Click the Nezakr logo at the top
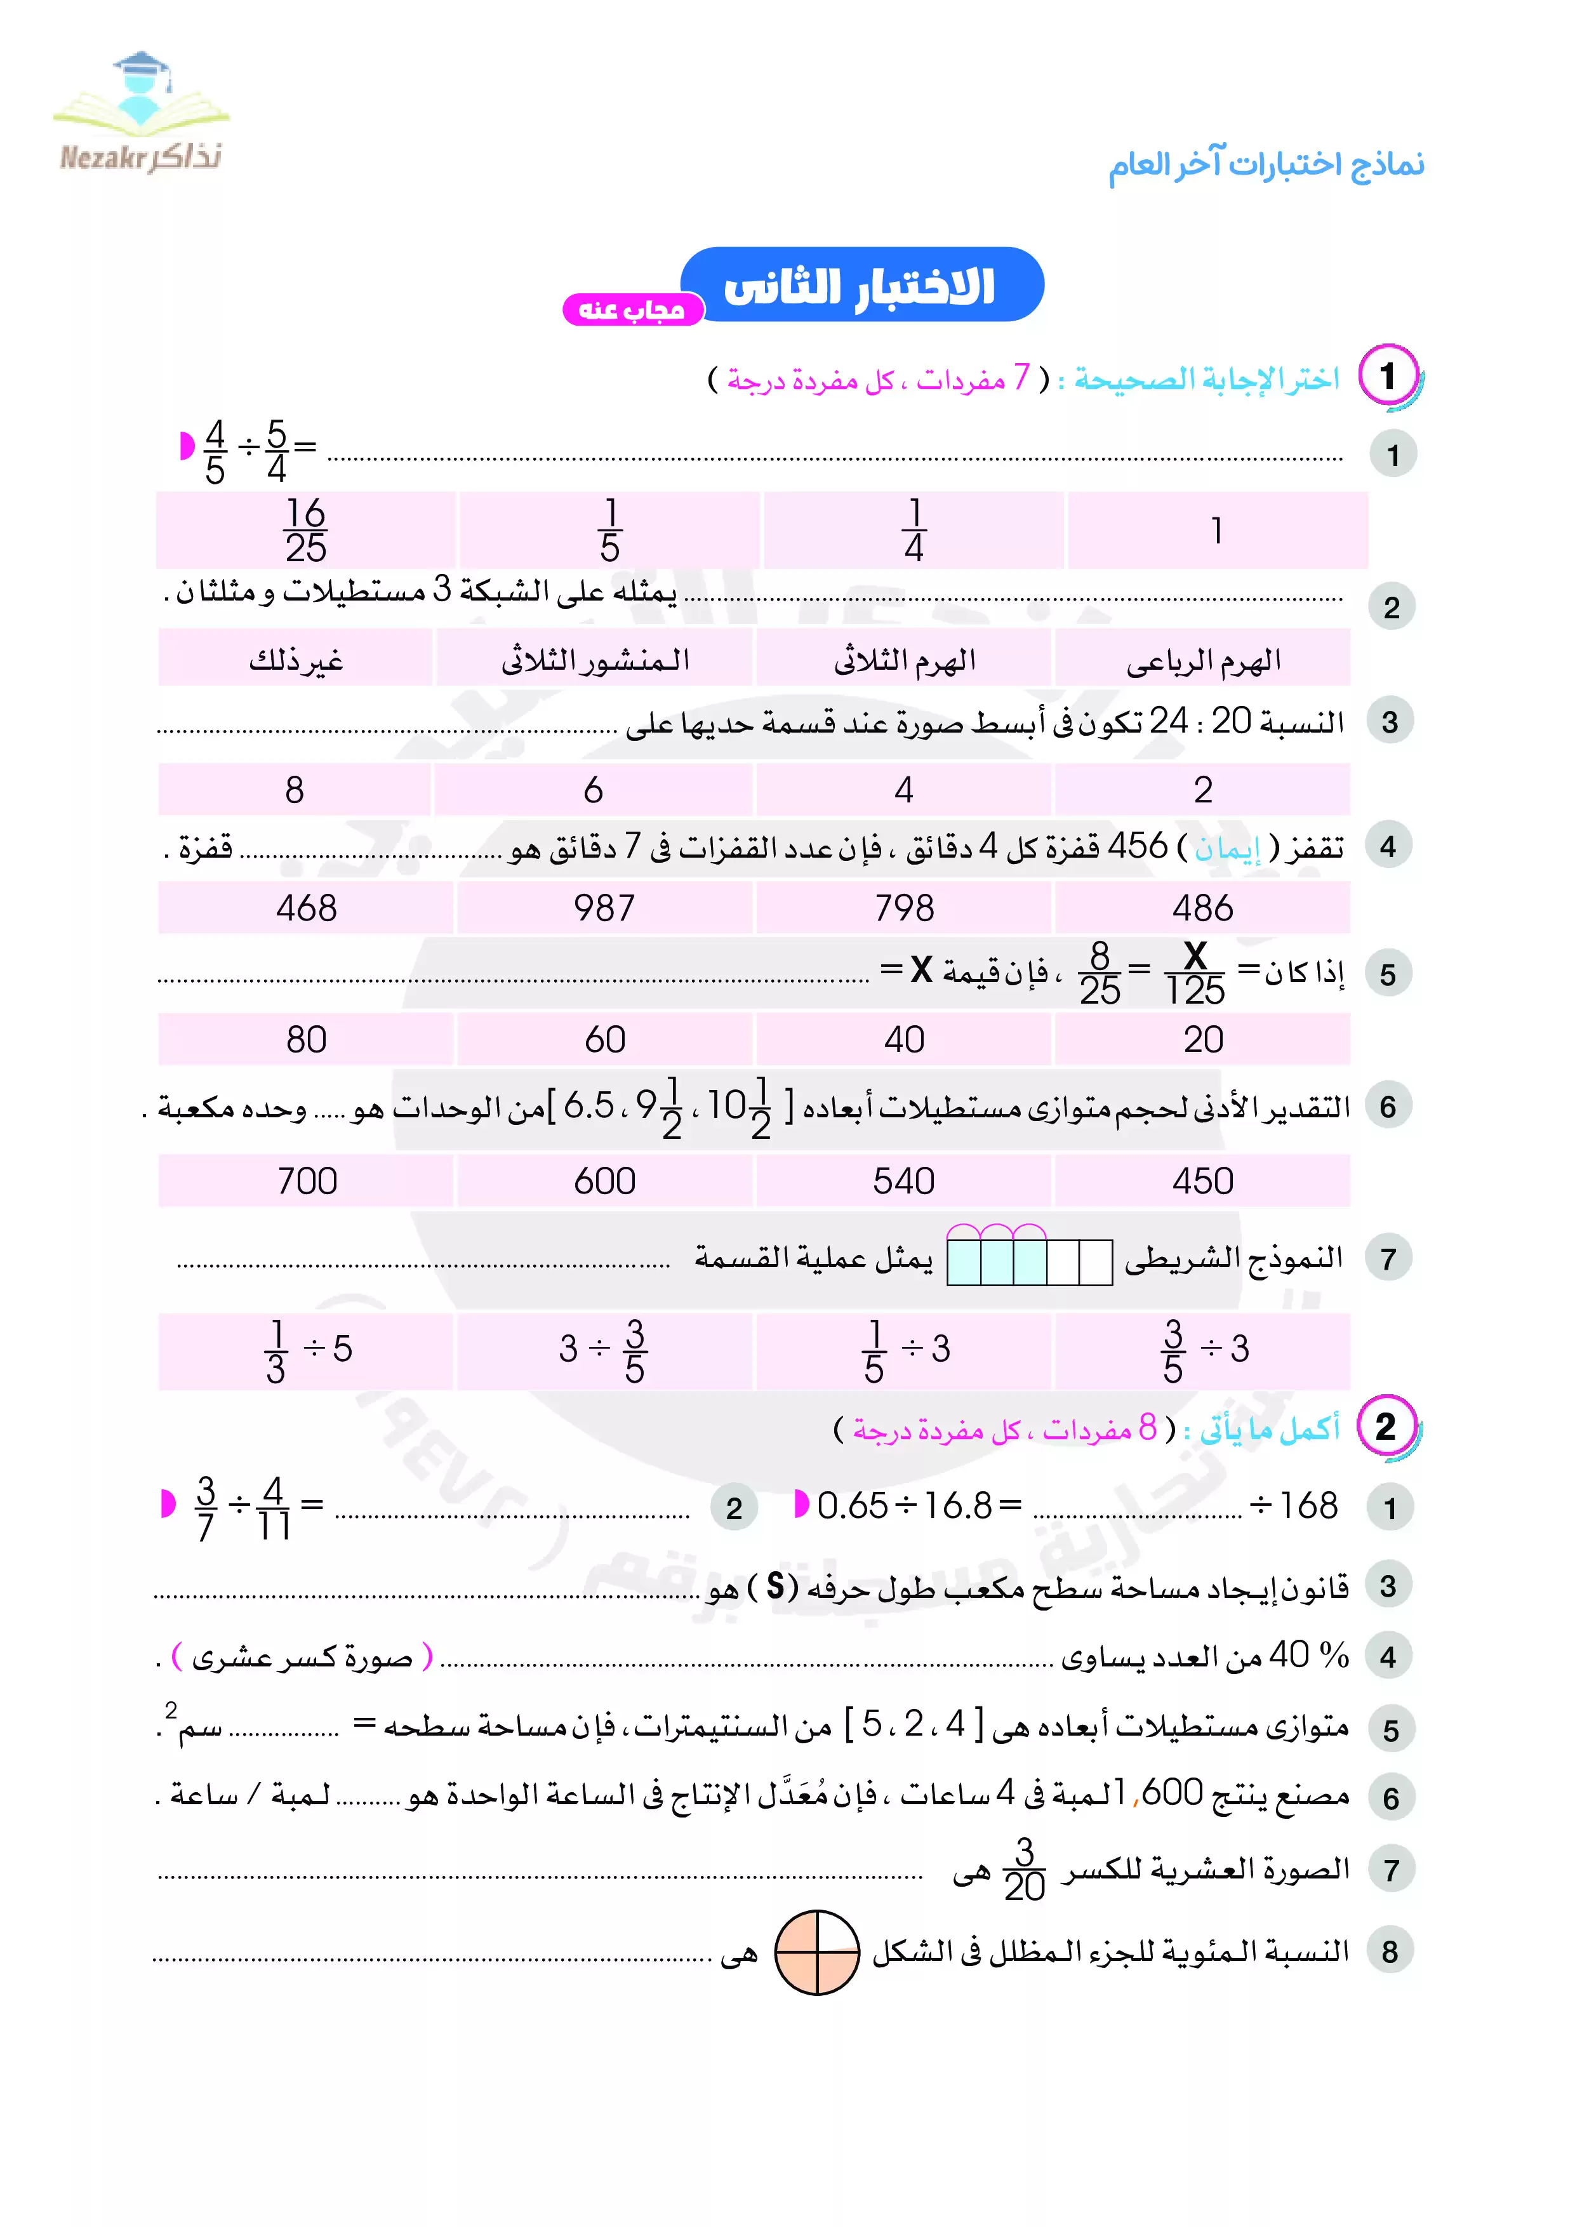tap(142, 114)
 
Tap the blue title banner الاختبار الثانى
tap(861, 285)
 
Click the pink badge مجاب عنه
tap(632, 309)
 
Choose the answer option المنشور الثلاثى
tap(594, 660)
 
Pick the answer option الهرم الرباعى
tap(1202, 660)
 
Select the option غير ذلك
tap(296, 660)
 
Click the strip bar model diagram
tap(1029, 1257)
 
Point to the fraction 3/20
tap(1024, 1869)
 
